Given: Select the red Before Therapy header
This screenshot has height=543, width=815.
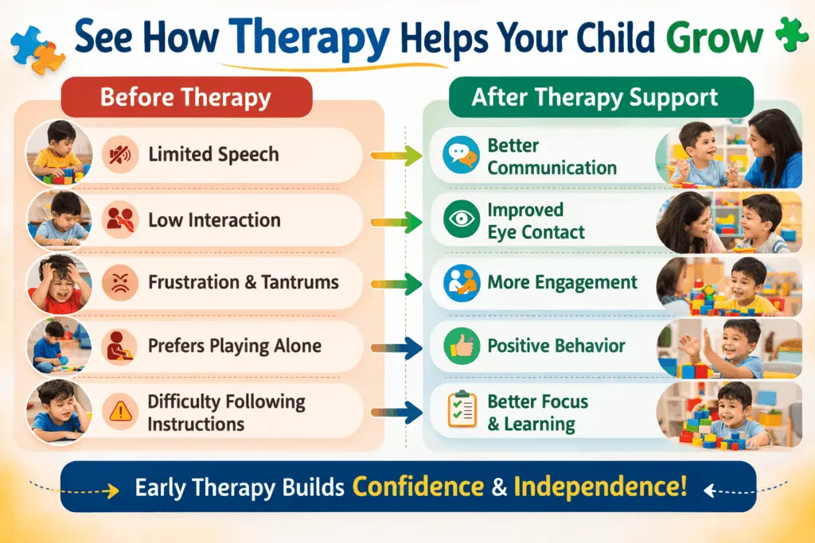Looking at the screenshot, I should pyautogui.click(x=185, y=99).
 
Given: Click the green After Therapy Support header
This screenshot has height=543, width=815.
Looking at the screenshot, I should pyautogui.click(x=595, y=98).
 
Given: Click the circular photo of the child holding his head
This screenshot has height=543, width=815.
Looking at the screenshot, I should pyautogui.click(x=55, y=282).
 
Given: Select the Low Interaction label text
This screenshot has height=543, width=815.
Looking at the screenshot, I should pyautogui.click(x=214, y=219).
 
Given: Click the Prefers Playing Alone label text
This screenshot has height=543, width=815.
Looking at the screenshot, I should pyautogui.click(x=234, y=347).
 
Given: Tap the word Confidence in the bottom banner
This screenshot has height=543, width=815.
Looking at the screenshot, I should pyautogui.click(x=420, y=487).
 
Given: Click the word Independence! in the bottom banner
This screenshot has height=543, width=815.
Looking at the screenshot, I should pyautogui.click(x=599, y=487).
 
